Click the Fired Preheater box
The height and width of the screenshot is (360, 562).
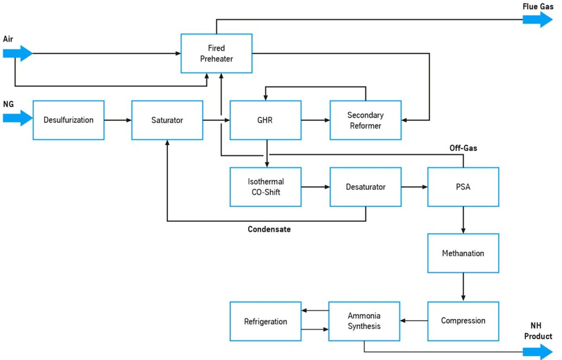pos(216,54)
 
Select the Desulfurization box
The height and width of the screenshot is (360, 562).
pos(68,120)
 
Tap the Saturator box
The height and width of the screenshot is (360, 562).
pos(167,120)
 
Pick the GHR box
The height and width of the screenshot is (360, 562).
pos(266,120)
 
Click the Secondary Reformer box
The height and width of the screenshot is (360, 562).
pos(366,120)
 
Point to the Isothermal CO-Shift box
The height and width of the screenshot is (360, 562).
pos(266,187)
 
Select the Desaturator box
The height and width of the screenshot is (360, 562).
pos(366,187)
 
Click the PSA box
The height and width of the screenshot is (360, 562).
pos(463,187)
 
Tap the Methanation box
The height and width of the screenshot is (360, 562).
pos(463,253)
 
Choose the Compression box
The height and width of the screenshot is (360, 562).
pos(463,321)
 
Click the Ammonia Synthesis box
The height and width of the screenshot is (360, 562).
pos(364,321)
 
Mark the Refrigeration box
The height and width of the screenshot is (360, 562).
pos(266,321)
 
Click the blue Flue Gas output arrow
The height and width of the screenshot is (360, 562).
pos(537,19)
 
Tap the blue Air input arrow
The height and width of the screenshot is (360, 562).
pos(18,53)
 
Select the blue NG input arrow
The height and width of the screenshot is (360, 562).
pos(18,118)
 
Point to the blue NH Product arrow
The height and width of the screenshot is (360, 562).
pos(537,352)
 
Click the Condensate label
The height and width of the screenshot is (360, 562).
pos(269,229)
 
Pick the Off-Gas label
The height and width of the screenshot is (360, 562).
pos(463,148)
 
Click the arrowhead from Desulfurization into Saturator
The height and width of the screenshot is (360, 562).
pos(129,120)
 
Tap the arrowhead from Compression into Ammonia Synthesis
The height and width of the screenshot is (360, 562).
pos(403,320)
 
